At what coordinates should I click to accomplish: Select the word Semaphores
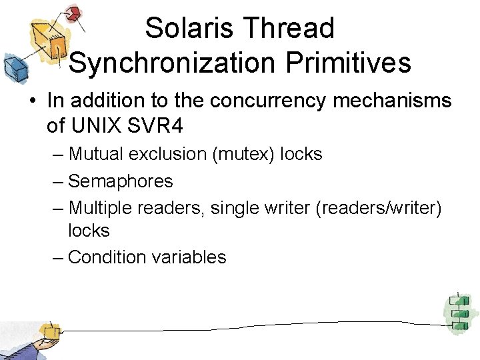tap(121, 181)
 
